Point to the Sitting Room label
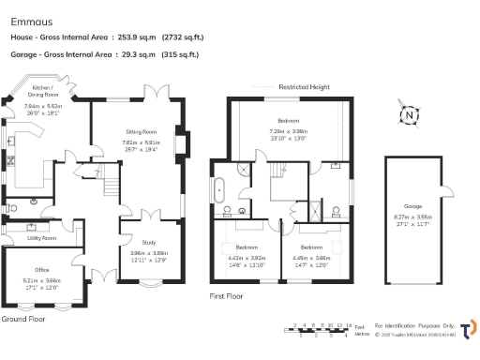pos(141,132)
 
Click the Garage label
pos(412,205)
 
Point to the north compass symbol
pos(409,117)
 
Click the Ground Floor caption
pos(24,319)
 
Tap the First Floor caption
pos(231,295)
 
